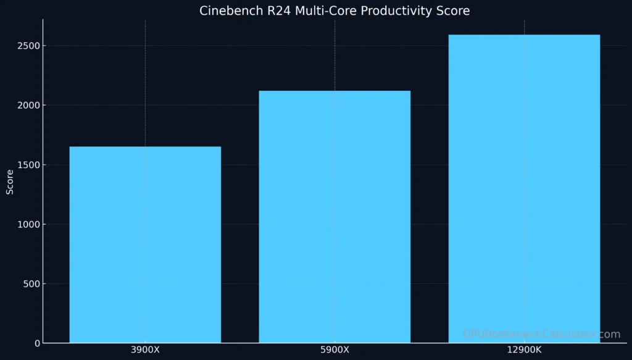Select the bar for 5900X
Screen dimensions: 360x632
click(x=335, y=217)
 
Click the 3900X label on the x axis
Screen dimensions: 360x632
click(x=145, y=350)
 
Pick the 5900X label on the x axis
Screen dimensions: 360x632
click(x=335, y=350)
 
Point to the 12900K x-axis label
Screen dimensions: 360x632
click(x=524, y=350)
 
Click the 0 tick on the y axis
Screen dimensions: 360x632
click(x=36, y=343)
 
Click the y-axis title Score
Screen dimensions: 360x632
click(x=10, y=183)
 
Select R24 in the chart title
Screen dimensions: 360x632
click(x=272, y=11)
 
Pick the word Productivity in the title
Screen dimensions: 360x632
click(x=385, y=11)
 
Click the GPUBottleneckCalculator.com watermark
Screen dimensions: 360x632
click(x=541, y=335)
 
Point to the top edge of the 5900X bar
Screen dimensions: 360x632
click(x=335, y=91)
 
